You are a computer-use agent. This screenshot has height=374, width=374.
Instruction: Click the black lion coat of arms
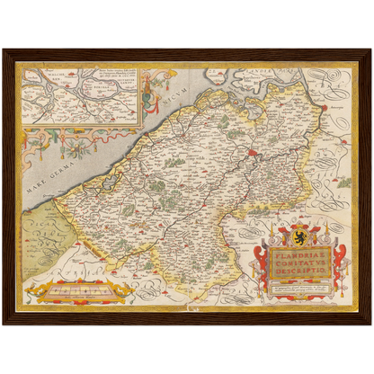point(300,237)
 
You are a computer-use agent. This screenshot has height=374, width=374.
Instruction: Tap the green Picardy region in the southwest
point(40,229)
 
